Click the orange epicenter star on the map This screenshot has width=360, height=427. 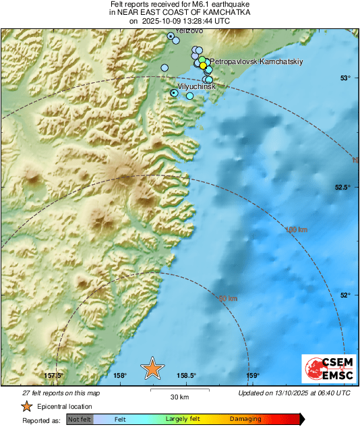pyautogui.click(x=152, y=368)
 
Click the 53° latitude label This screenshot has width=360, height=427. pyautogui.click(x=344, y=78)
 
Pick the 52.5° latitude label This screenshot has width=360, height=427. pyautogui.click(x=342, y=187)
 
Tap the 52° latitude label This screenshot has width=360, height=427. pyautogui.click(x=344, y=295)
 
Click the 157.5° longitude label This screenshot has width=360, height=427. pyautogui.click(x=53, y=376)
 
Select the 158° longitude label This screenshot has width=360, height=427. pyautogui.click(x=120, y=376)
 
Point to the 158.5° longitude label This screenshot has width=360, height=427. pyautogui.click(x=186, y=376)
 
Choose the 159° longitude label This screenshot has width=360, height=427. pyautogui.click(x=252, y=376)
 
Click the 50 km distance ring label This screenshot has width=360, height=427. pyautogui.click(x=229, y=298)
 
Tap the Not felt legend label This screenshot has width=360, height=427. pyautogui.click(x=80, y=419)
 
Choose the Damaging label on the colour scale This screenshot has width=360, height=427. pyautogui.click(x=245, y=419)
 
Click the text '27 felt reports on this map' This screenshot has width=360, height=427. pyautogui.click(x=61, y=393)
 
